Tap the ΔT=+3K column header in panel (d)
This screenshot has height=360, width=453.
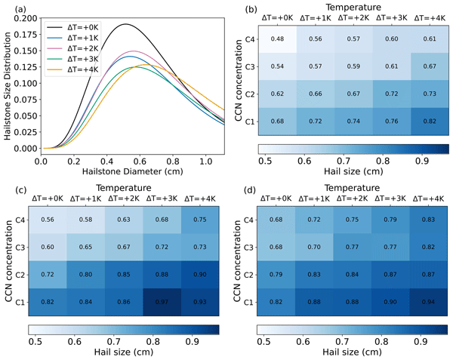(x=390, y=198)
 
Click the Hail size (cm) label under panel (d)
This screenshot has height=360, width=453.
(x=352, y=352)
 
